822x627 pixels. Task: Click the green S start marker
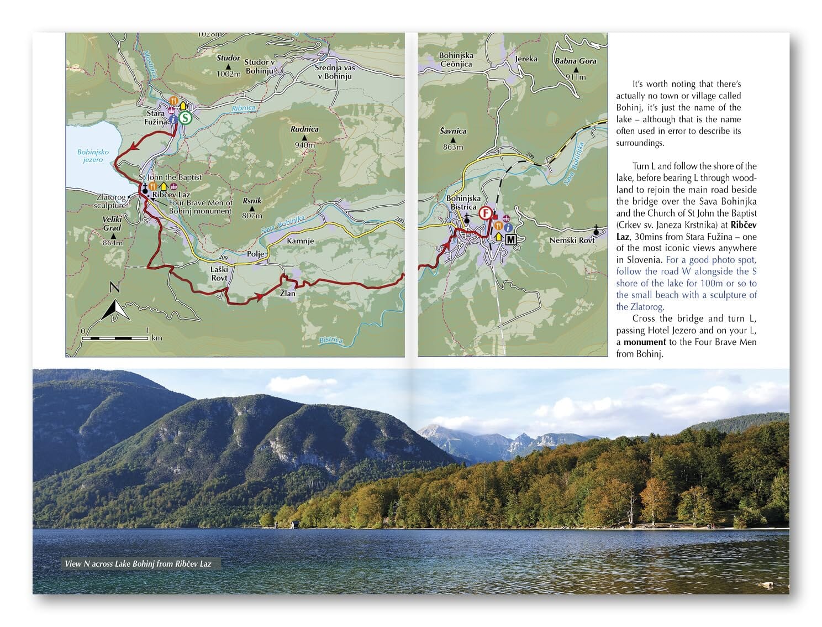tap(186, 118)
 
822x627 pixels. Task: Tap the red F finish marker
tap(486, 213)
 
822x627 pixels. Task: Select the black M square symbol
tap(510, 239)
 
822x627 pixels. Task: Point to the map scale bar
tap(116, 337)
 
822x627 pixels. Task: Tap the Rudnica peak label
tap(304, 129)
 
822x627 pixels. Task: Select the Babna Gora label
tap(576, 61)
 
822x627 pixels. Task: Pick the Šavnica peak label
tap(453, 132)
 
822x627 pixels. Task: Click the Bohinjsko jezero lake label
tap(93, 156)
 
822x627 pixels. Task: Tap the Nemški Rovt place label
tap(572, 240)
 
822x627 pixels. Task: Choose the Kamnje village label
tap(301, 241)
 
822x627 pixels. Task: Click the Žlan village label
tap(287, 294)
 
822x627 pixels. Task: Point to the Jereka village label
tap(526, 59)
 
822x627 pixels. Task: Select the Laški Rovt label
tap(219, 273)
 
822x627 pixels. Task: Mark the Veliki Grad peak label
tap(112, 223)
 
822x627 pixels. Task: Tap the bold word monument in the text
tap(645, 342)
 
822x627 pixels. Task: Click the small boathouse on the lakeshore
tap(296, 524)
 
